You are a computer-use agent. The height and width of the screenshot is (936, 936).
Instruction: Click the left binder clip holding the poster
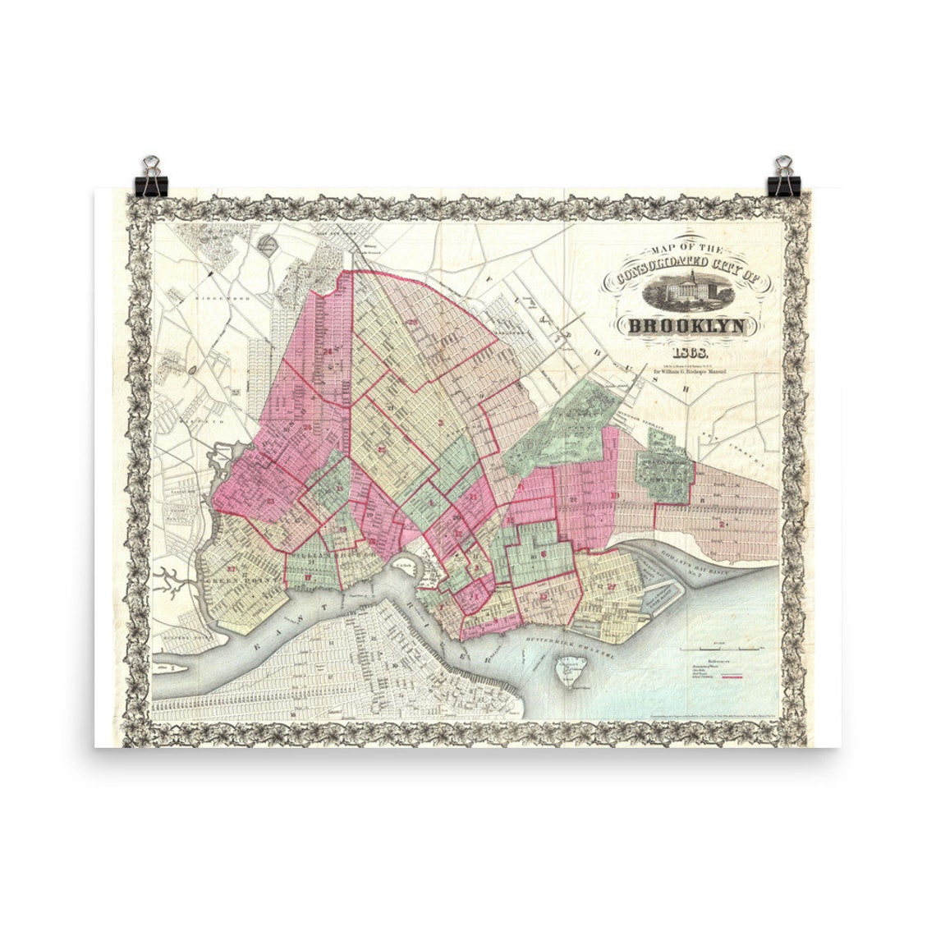point(152,177)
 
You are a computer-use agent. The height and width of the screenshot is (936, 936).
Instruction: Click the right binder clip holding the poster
point(783,177)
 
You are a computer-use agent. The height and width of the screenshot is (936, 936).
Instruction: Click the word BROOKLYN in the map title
point(687,327)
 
